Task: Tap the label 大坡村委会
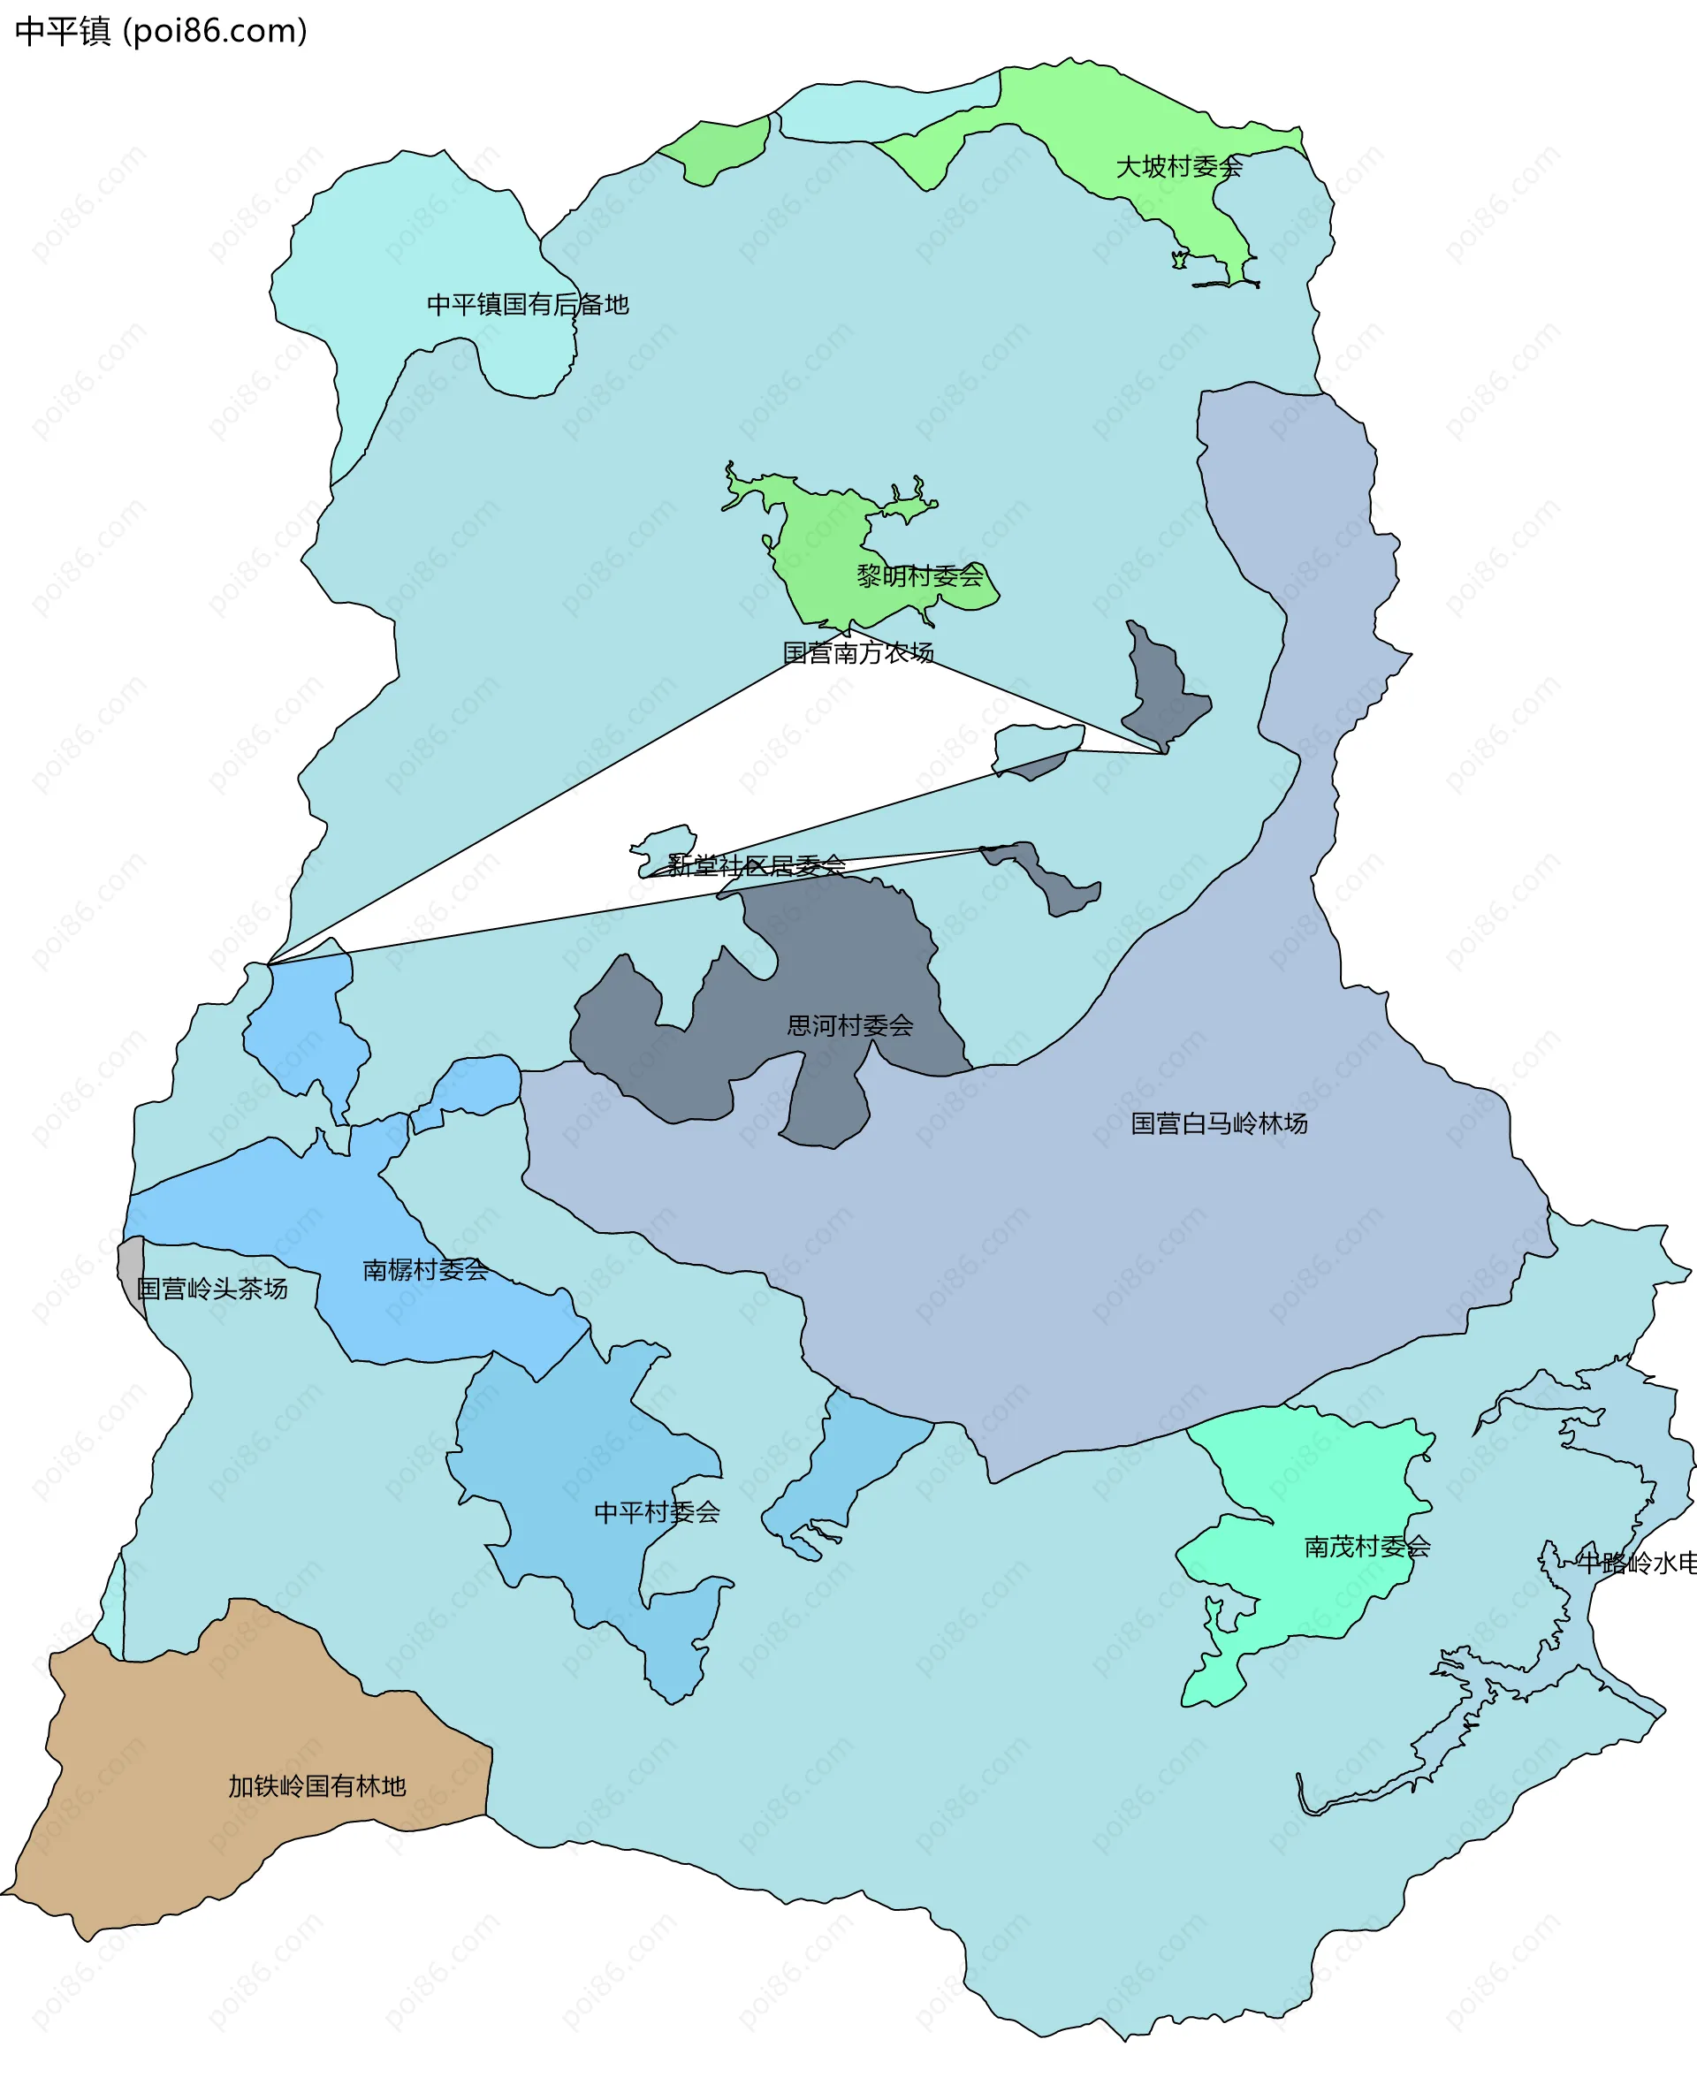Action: pyautogui.click(x=1178, y=167)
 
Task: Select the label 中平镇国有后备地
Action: pyautogui.click(x=528, y=305)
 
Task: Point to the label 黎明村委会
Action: pyautogui.click(x=919, y=577)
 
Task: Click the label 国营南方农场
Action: pyautogui.click(x=858, y=653)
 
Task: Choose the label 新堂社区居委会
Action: pyautogui.click(x=756, y=865)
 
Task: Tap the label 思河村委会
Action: pyautogui.click(x=849, y=1025)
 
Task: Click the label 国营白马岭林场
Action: pyautogui.click(x=1218, y=1123)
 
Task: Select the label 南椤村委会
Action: pyautogui.click(x=425, y=1270)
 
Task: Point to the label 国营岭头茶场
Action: pyautogui.click(x=212, y=1289)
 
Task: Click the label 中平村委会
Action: pyautogui.click(x=657, y=1512)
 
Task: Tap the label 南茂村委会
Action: pyautogui.click(x=1366, y=1547)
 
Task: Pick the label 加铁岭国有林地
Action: pyautogui.click(x=316, y=1786)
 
